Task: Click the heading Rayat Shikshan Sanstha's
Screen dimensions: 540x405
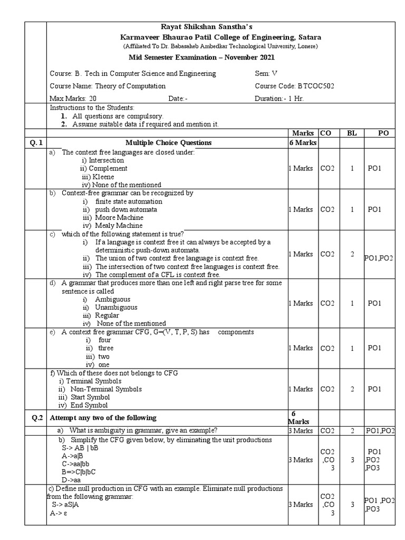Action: click(202, 27)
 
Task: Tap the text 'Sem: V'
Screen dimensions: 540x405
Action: click(266, 74)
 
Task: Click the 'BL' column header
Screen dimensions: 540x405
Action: click(352, 133)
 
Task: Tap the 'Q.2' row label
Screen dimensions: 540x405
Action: click(36, 418)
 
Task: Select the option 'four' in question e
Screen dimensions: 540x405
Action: click(104, 340)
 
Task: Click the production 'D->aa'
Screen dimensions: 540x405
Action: click(71, 480)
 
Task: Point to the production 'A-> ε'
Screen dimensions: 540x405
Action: click(61, 513)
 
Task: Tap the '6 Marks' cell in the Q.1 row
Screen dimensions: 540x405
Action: click(302, 142)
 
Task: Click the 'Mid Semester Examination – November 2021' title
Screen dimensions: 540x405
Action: click(202, 57)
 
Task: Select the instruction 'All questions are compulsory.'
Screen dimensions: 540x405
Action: click(118, 116)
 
